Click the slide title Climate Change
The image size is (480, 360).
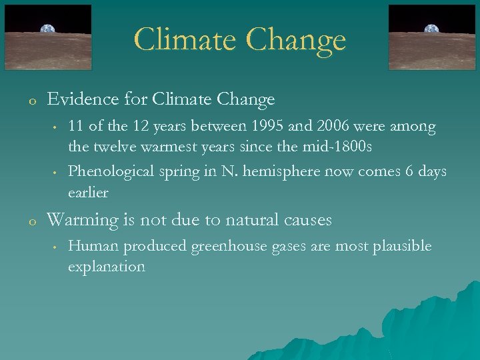[x=240, y=39]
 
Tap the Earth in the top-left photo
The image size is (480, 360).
[x=48, y=29]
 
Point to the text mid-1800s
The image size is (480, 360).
[x=337, y=146]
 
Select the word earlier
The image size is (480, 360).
[x=88, y=192]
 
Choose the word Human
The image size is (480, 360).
[x=89, y=247]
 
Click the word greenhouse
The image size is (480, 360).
[x=229, y=247]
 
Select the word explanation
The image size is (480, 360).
[x=106, y=267]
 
